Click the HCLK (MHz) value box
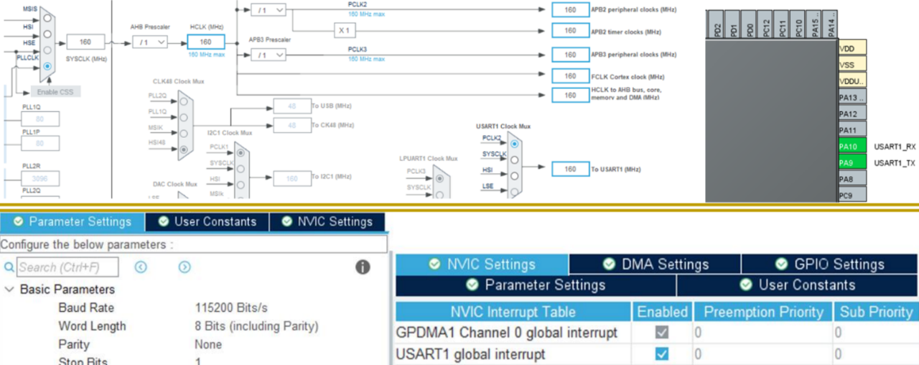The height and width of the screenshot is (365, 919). click(205, 42)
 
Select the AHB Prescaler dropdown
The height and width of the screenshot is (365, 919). click(149, 42)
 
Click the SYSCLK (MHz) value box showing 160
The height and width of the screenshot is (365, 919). click(85, 42)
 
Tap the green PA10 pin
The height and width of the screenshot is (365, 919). click(852, 146)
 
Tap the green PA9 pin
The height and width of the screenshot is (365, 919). click(852, 162)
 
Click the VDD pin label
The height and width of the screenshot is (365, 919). click(852, 48)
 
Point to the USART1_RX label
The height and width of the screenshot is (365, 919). click(895, 146)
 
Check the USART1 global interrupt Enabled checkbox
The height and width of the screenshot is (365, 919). click(662, 354)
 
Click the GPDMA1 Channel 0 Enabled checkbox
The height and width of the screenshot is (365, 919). click(662, 333)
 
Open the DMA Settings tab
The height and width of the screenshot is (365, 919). click(655, 264)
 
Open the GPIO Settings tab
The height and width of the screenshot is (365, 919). click(829, 264)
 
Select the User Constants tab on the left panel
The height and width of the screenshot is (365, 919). click(207, 221)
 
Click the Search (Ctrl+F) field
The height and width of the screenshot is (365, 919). click(67, 267)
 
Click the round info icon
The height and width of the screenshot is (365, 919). click(363, 267)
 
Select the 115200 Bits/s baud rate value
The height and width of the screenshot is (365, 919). click(231, 308)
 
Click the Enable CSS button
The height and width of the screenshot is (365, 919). click(55, 92)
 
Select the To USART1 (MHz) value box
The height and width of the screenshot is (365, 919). click(570, 170)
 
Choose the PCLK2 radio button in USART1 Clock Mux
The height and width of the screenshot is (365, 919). click(514, 144)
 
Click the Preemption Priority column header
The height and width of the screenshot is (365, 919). click(762, 312)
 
